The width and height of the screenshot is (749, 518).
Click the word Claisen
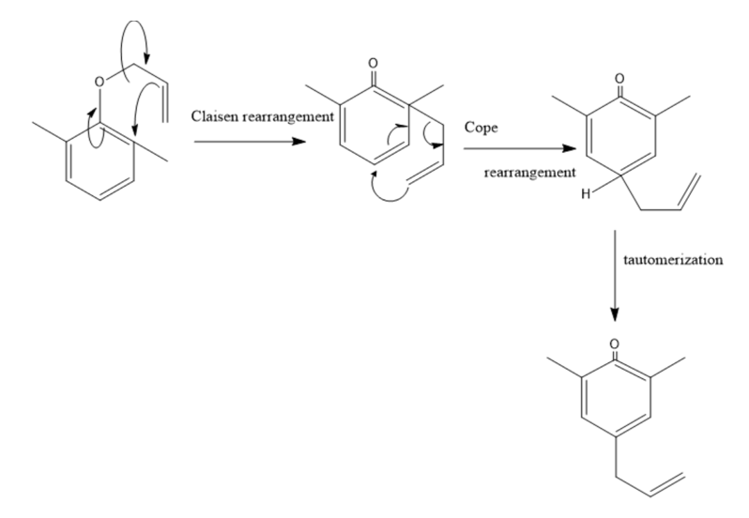pos(213,116)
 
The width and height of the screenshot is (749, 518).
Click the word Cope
pos(480,126)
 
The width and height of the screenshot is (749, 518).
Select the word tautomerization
pos(671,260)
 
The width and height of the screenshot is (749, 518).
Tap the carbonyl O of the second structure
pos(374,66)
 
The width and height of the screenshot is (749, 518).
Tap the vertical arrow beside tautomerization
pos(614,272)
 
